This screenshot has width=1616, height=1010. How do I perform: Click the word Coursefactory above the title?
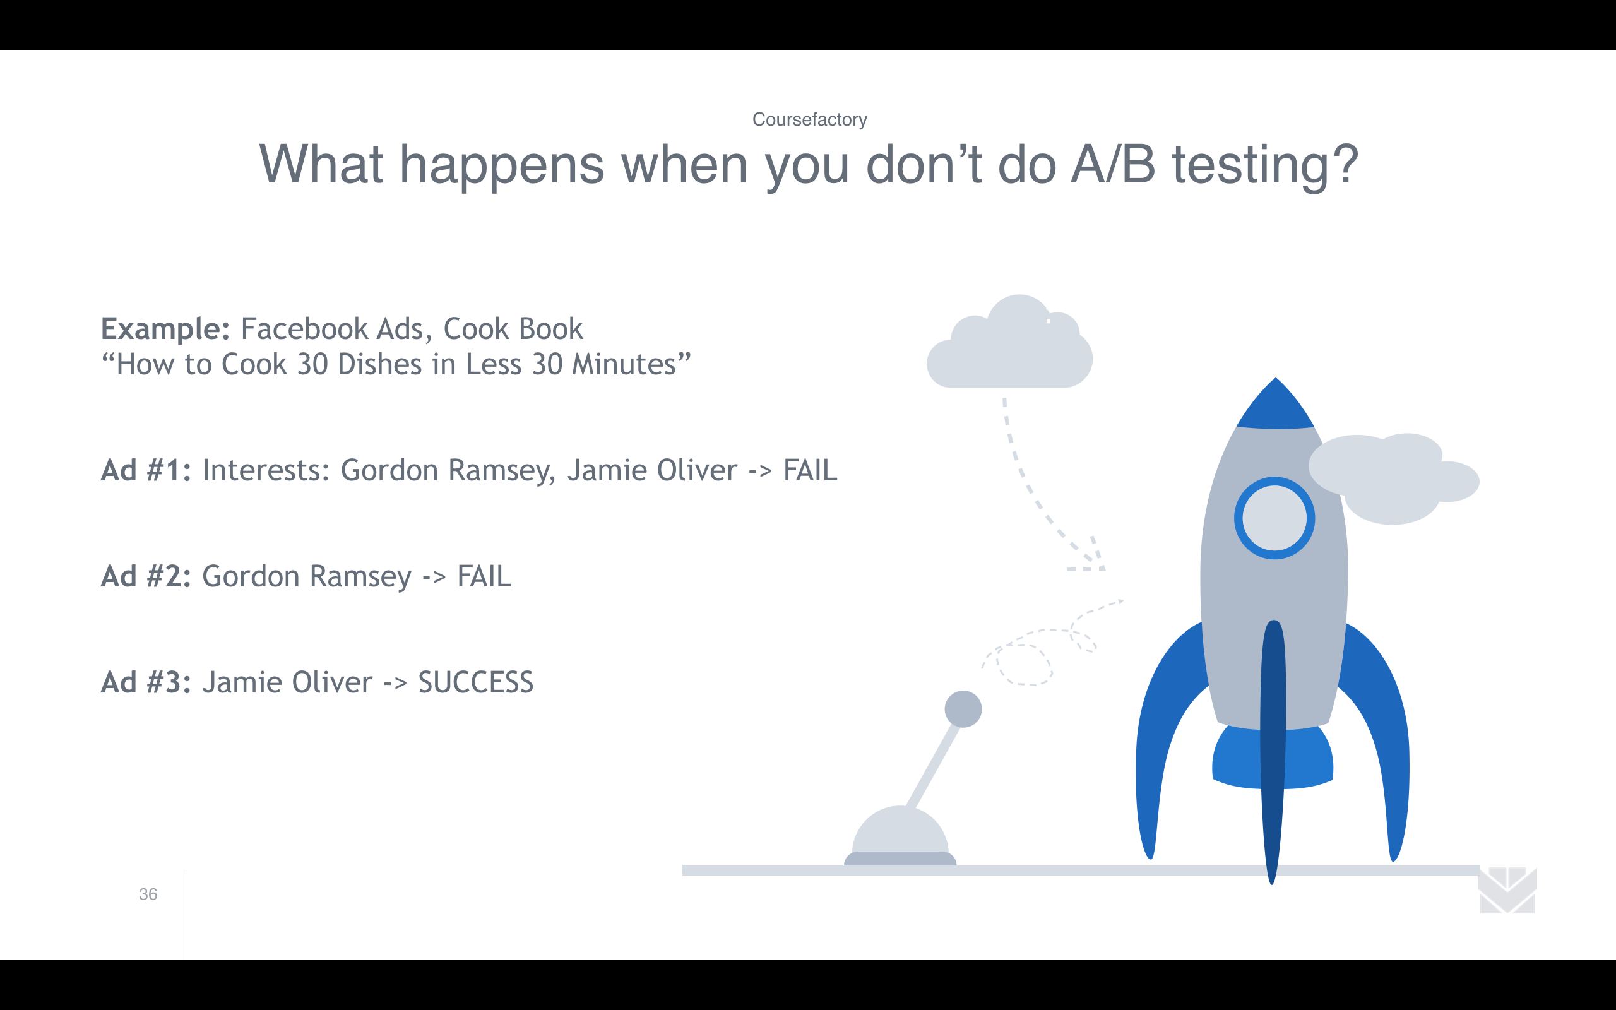(x=809, y=119)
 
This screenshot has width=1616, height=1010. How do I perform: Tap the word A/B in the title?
(x=1112, y=164)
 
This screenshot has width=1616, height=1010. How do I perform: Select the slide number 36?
(x=148, y=894)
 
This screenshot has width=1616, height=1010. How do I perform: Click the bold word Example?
(x=165, y=330)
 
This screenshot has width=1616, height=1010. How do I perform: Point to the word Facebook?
(x=304, y=329)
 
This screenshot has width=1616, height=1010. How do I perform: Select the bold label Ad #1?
(x=146, y=470)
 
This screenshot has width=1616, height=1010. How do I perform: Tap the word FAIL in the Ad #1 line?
(x=810, y=470)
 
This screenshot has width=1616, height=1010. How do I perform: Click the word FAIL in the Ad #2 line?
(x=484, y=576)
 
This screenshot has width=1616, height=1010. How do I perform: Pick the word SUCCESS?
(x=475, y=682)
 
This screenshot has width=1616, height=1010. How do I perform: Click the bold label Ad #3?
(x=146, y=682)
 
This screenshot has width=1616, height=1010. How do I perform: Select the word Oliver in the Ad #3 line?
(x=332, y=682)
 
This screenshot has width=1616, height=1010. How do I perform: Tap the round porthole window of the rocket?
(x=1274, y=518)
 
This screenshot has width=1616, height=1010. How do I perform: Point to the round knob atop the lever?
(x=963, y=709)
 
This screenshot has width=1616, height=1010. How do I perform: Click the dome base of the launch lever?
(x=900, y=836)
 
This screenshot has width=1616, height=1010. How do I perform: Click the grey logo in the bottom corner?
(x=1508, y=891)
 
